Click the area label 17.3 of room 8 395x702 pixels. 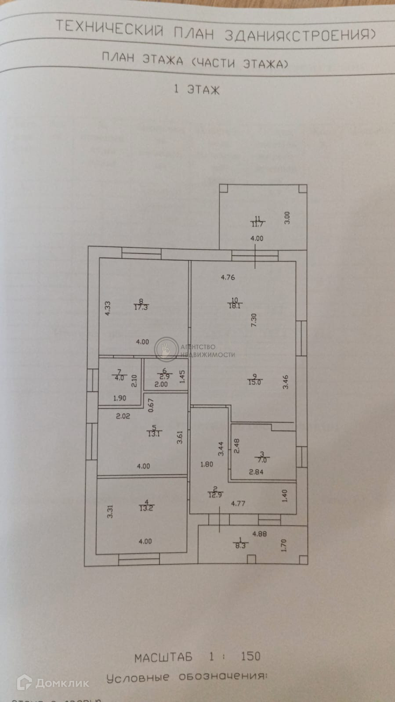click(141, 307)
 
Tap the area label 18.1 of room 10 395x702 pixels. click(235, 306)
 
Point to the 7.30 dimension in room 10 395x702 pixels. click(254, 319)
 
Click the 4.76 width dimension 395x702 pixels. click(228, 277)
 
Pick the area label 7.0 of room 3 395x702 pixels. click(262, 460)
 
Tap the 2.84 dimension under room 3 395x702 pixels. click(256, 472)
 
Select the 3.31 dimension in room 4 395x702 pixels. click(110, 511)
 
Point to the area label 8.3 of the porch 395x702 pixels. click(240, 545)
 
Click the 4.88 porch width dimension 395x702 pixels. click(259, 534)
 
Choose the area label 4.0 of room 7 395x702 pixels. click(119, 377)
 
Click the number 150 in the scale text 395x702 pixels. click(250, 656)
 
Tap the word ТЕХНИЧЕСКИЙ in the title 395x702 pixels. click(110, 28)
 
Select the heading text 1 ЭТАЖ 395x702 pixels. click(196, 90)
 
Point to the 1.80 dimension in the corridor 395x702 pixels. click(207, 464)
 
